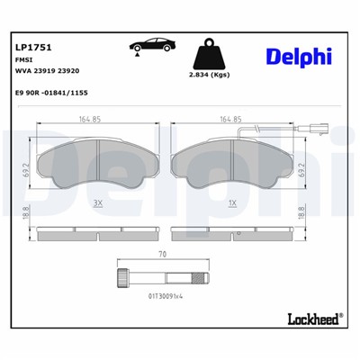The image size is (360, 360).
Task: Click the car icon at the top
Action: (152, 50)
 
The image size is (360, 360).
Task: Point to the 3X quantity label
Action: (99, 204)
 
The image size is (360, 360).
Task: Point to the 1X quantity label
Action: (233, 204)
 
